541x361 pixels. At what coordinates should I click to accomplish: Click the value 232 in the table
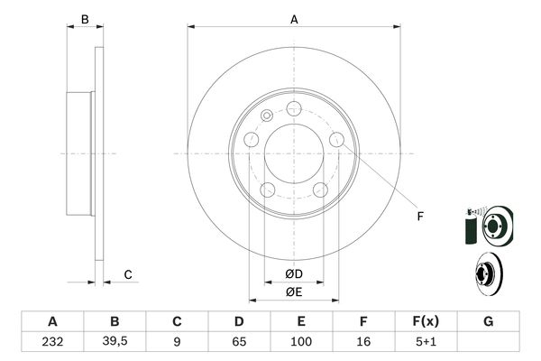(x=52, y=342)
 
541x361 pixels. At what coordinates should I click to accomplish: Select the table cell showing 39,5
(x=115, y=342)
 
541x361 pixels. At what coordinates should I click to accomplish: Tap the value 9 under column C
(x=177, y=342)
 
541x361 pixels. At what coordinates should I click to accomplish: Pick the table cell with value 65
(x=239, y=342)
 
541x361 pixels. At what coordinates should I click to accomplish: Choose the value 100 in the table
(x=301, y=342)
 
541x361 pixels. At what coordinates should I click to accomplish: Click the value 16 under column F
(x=363, y=342)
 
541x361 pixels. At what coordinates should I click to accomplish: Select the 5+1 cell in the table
(x=426, y=342)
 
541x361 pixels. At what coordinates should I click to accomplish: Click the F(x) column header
(x=426, y=321)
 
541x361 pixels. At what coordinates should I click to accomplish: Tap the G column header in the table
(x=488, y=321)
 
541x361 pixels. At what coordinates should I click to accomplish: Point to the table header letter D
(x=239, y=321)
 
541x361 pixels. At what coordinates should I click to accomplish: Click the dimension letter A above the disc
(x=294, y=18)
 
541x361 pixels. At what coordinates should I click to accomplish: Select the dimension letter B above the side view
(x=84, y=18)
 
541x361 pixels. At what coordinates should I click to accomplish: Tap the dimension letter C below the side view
(x=128, y=274)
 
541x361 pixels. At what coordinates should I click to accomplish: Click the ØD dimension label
(x=294, y=273)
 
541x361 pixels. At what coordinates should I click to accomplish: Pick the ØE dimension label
(x=294, y=291)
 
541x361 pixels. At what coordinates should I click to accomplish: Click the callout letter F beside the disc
(x=419, y=217)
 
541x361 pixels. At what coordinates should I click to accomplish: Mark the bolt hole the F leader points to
(x=337, y=139)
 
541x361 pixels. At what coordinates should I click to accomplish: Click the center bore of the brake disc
(x=294, y=153)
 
